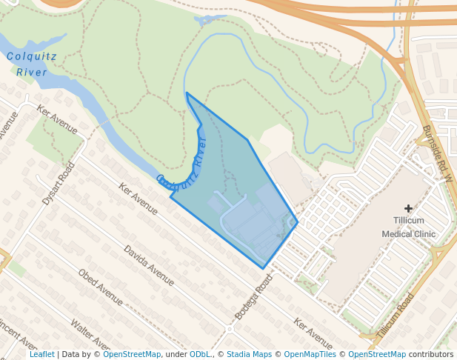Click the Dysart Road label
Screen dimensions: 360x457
click(59, 184)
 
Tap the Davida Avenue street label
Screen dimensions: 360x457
click(149, 265)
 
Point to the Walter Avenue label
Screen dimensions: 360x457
click(91, 336)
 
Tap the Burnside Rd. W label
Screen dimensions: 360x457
click(438, 153)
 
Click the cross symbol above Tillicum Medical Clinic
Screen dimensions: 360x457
click(408, 209)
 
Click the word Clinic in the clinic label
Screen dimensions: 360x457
click(425, 233)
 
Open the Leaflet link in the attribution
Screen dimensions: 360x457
click(41, 354)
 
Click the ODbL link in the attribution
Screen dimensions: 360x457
click(200, 354)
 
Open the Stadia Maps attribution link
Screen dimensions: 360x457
click(249, 354)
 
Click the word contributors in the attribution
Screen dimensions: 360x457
click(431, 354)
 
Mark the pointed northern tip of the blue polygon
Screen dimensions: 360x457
click(187, 93)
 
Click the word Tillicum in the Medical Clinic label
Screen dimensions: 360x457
click(409, 221)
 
